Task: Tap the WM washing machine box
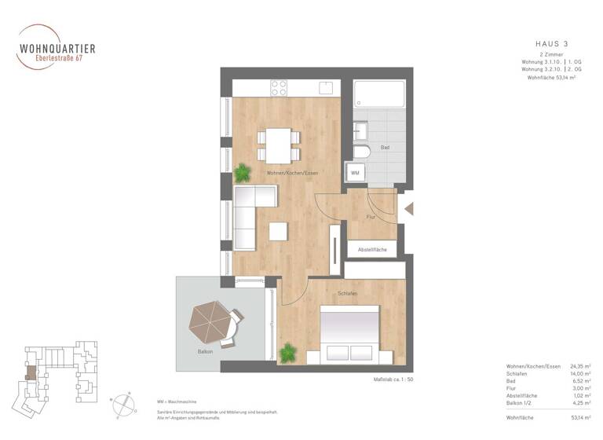tap(355, 172)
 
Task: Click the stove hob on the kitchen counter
tap(279, 88)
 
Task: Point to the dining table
tap(278, 143)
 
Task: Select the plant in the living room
tap(241, 172)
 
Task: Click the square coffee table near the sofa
tap(278, 232)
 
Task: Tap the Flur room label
tap(372, 216)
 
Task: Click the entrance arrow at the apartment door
tap(408, 208)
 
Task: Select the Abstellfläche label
tap(372, 249)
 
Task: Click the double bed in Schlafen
tap(349, 334)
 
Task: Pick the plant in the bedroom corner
tap(288, 353)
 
